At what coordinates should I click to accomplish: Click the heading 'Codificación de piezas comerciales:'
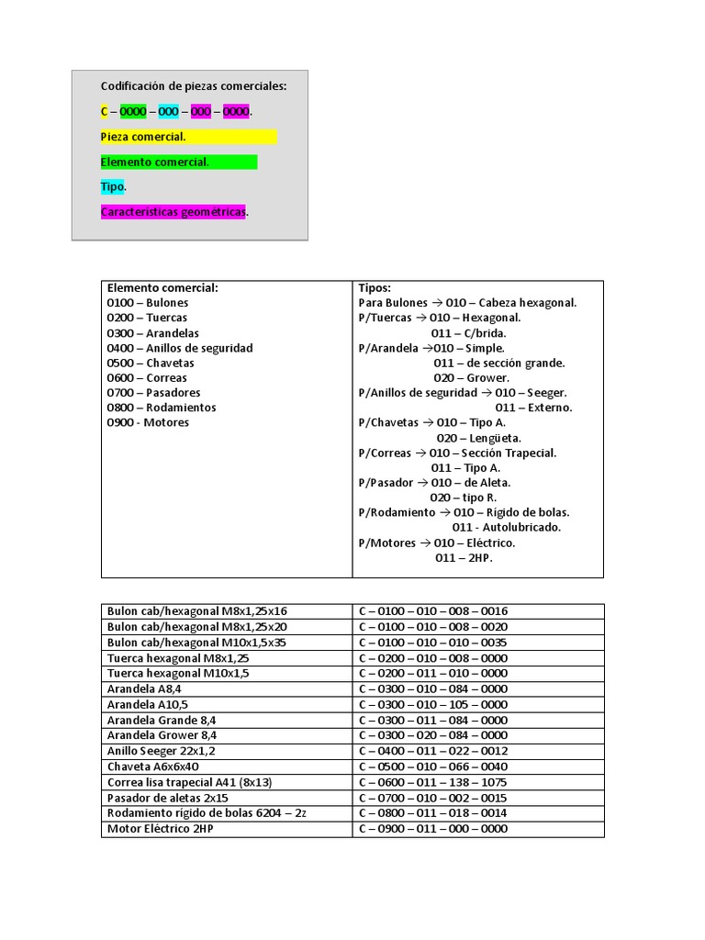tap(193, 86)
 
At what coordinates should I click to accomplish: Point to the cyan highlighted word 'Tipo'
tap(112, 187)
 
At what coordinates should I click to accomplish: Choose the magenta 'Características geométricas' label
tap(173, 212)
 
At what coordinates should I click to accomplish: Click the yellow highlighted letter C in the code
tap(105, 112)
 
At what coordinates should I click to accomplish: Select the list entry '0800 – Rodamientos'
tap(162, 408)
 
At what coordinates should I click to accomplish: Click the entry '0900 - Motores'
tap(148, 422)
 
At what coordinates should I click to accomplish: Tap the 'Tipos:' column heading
tap(375, 287)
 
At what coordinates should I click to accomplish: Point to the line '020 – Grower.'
tap(471, 377)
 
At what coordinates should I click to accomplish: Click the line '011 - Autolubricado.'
tap(507, 527)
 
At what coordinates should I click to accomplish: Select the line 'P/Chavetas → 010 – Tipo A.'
tap(431, 422)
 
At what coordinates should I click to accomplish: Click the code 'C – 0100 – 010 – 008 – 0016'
tap(432, 611)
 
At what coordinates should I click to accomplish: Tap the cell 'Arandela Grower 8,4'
tap(162, 735)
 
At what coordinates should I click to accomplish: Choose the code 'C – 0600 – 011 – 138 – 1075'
tap(432, 782)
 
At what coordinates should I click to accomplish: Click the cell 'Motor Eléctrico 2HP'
tap(161, 829)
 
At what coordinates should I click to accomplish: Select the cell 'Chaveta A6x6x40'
tap(153, 767)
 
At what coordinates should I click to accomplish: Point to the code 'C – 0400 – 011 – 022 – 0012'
tap(432, 751)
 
